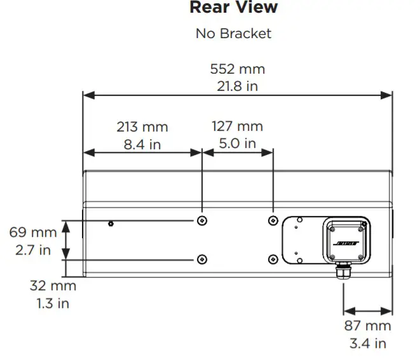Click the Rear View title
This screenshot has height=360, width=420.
[x=233, y=8]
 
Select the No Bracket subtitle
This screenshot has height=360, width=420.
[x=233, y=33]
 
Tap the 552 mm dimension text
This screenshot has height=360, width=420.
[x=237, y=69]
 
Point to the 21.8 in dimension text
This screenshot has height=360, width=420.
[x=237, y=85]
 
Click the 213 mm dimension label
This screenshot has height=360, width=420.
[x=142, y=126]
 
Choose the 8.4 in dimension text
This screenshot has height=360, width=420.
[x=142, y=143]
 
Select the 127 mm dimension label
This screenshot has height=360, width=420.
[x=237, y=126]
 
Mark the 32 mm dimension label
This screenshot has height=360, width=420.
[x=53, y=286]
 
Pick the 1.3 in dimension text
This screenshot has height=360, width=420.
[x=53, y=303]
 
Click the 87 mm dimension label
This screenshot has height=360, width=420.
[x=369, y=326]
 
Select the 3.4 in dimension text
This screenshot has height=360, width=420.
[x=369, y=343]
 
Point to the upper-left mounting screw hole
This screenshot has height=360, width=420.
[x=201, y=220]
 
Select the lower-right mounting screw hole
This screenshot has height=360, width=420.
[x=273, y=259]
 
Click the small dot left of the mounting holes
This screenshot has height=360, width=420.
[x=111, y=223]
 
